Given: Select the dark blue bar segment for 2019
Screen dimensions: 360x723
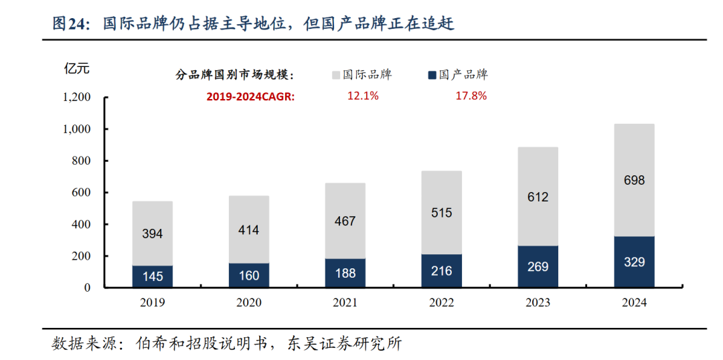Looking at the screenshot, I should pos(152,276).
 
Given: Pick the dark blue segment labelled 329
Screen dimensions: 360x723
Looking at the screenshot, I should pos(634,262).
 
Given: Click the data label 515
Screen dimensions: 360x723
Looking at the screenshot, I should pos(441,213).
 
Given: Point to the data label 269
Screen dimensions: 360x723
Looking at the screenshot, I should pos(538,267).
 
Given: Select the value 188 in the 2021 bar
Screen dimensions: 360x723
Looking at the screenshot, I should pos(345,273).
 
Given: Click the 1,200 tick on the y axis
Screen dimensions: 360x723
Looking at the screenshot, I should pos(76,97).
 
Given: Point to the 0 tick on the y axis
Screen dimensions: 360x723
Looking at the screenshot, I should pos(88,288).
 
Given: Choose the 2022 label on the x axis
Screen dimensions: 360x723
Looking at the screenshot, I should pos(441,302).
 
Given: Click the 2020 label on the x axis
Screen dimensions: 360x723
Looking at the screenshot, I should pos(248,302).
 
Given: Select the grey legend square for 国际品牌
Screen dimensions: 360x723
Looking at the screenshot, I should pos(336,75).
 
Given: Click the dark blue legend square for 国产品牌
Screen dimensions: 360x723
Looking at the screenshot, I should pos(432,75).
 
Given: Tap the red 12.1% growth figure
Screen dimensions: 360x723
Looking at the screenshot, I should pos(363,96).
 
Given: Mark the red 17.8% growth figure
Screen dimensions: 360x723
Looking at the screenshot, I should pos(471,96).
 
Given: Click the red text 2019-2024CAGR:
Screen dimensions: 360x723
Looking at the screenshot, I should pos(250,96).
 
